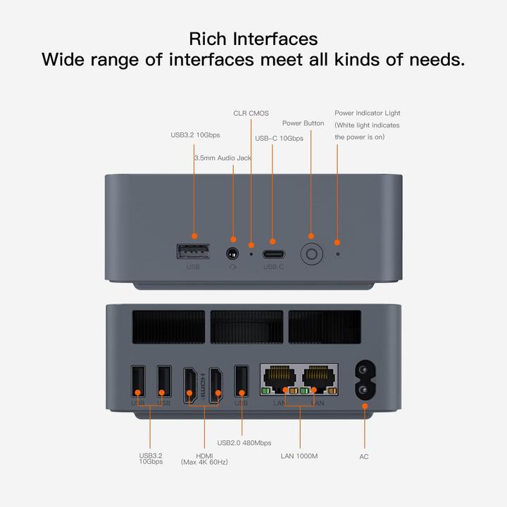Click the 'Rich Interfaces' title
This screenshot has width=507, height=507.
254,38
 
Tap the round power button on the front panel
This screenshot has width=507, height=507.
311,254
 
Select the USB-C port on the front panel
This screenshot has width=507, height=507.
273,254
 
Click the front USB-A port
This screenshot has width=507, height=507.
193,251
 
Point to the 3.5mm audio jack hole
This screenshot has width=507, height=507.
232,253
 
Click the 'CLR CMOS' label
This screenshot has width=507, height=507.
251,113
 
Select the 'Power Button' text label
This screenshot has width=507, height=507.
303,123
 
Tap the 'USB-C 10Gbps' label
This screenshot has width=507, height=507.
280,139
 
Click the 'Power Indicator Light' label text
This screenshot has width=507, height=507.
367,113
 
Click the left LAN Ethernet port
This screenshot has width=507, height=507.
280,379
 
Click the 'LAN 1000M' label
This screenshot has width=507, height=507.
299,456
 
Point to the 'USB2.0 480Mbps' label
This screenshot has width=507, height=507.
244,443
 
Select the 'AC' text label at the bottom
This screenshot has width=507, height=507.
364,457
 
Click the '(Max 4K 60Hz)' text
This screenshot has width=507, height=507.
204,463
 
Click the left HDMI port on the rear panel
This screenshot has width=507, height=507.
190,385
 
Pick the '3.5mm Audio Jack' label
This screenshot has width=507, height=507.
223,158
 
